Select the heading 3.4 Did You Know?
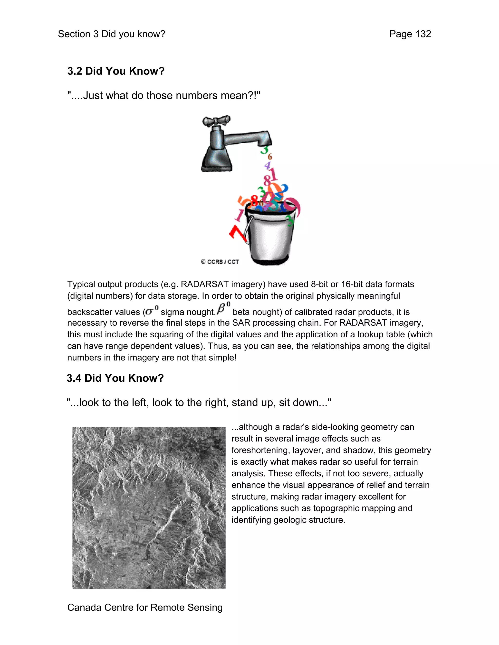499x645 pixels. tap(115, 378)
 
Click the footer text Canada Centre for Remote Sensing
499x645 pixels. tap(145, 607)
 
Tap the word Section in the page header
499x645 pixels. tap(74, 34)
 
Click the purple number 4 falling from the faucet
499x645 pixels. tap(268, 165)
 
